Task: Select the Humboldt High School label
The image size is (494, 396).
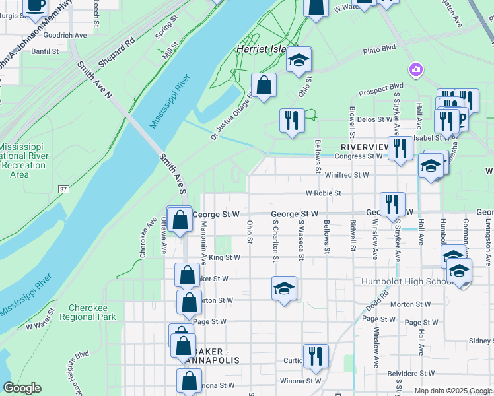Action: (406, 282)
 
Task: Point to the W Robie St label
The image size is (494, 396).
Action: (323, 193)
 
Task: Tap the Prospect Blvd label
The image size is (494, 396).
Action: (380, 86)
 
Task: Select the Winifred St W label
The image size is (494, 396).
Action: (347, 175)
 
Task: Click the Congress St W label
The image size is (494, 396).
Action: (359, 156)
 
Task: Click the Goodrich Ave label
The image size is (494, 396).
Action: (63, 34)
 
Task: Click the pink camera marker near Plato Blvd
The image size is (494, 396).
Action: (415, 69)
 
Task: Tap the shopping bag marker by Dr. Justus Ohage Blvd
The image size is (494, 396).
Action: (264, 85)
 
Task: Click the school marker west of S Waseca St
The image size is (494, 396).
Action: (284, 288)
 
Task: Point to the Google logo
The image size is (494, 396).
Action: (22, 388)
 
